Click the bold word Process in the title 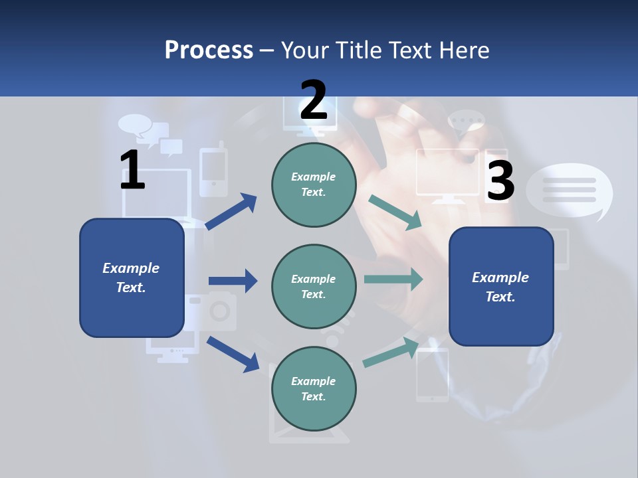(x=209, y=50)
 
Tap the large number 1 (x=132, y=170)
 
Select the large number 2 (x=314, y=100)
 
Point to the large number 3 (x=500, y=181)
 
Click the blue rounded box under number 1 (x=132, y=278)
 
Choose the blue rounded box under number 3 (x=501, y=286)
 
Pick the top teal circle (x=314, y=185)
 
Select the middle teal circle (x=314, y=286)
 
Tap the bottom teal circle (x=314, y=388)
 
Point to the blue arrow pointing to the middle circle (x=233, y=281)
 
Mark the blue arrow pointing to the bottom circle (x=233, y=354)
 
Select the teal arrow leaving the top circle (x=395, y=212)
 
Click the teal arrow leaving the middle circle (x=393, y=279)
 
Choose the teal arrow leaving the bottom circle (x=391, y=353)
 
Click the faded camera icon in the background (x=213, y=311)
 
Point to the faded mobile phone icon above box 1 (x=213, y=171)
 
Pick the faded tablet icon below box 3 (x=432, y=375)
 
